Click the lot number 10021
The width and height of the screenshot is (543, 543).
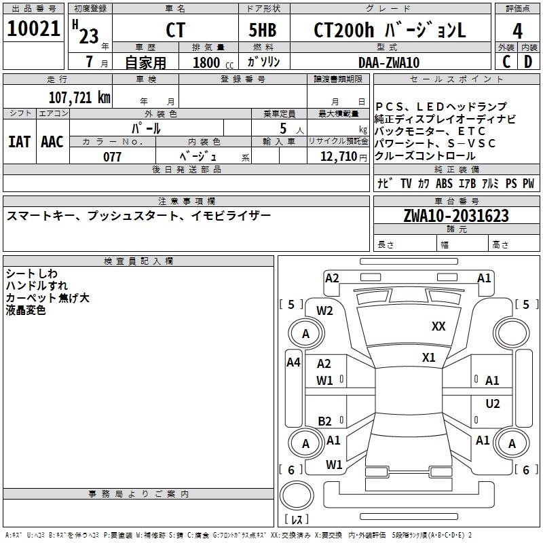click(x=34, y=29)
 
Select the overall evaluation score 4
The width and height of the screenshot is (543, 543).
click(x=517, y=31)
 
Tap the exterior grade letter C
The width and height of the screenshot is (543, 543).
click(x=506, y=62)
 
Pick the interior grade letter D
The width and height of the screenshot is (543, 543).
click(x=528, y=62)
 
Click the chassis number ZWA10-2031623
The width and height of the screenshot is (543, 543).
click(x=455, y=216)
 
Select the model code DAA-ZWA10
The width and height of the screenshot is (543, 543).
click(x=388, y=62)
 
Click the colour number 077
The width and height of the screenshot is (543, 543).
click(x=112, y=157)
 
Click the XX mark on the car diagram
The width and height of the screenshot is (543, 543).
click(x=438, y=326)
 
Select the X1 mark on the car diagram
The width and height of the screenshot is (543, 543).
click(x=428, y=358)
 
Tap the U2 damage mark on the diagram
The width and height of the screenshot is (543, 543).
click(x=492, y=404)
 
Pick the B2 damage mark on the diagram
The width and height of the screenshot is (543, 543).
click(x=325, y=421)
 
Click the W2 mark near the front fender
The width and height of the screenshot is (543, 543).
click(x=325, y=311)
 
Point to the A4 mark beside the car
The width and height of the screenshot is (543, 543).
click(x=293, y=362)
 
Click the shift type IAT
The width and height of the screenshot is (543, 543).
click(x=19, y=141)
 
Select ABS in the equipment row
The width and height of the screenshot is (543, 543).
click(x=444, y=183)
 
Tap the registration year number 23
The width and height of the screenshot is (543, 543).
click(x=89, y=36)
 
